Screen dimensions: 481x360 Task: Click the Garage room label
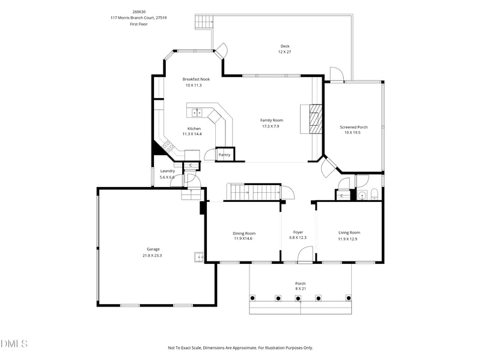(x=153, y=249)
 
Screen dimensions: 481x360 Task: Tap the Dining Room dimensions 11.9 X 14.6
(x=244, y=239)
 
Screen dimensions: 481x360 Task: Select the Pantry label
(x=224, y=155)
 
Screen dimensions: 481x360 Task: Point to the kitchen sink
(x=197, y=113)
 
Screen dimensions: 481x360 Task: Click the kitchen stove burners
(x=168, y=145)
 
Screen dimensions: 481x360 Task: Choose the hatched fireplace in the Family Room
(x=315, y=119)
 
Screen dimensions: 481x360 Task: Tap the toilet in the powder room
(x=374, y=194)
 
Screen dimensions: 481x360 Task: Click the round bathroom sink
(x=363, y=195)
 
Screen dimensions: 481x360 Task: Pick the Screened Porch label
(x=354, y=127)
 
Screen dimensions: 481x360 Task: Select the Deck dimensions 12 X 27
(x=284, y=52)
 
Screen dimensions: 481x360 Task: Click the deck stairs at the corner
(x=204, y=22)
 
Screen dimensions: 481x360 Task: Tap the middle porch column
(x=298, y=298)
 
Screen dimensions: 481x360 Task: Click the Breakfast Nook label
(x=197, y=79)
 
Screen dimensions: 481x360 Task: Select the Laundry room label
(x=168, y=171)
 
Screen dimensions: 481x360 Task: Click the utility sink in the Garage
(x=199, y=257)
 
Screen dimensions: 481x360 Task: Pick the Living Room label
(x=349, y=233)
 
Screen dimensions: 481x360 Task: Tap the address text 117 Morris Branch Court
(x=132, y=18)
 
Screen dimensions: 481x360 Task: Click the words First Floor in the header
(x=139, y=24)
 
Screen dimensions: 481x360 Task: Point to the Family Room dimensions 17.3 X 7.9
(x=270, y=126)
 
